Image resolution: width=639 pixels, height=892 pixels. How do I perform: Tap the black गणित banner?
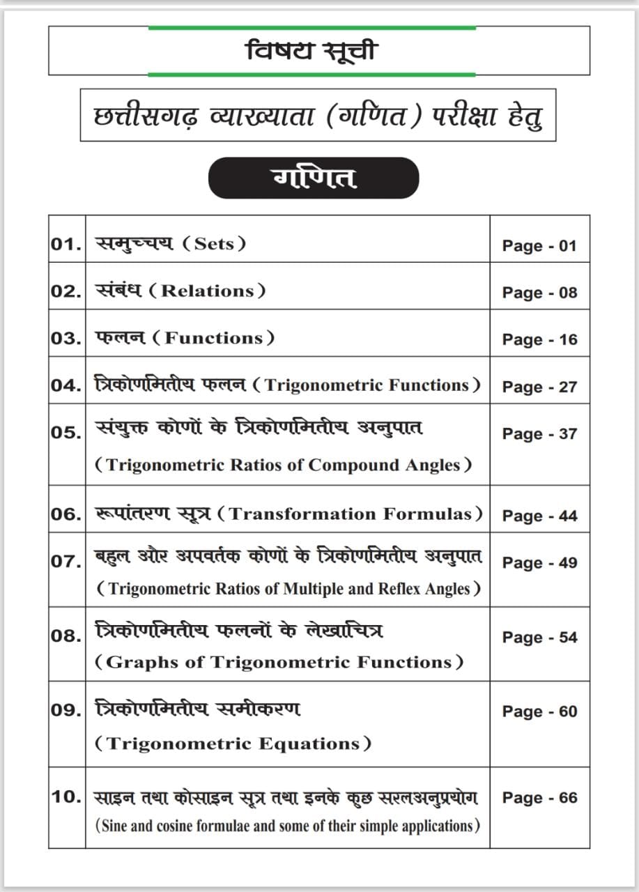point(314,178)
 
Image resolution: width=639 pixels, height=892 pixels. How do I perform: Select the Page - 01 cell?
point(539,246)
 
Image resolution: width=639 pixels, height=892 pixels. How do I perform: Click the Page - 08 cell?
point(539,293)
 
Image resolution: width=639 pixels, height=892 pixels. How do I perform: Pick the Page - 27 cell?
point(539,387)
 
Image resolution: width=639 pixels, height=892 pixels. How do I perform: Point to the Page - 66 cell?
point(539,798)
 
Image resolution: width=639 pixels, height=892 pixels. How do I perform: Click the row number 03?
point(66,339)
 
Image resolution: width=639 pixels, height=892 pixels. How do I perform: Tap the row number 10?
point(66,797)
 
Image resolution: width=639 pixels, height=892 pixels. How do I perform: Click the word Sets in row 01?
point(215,244)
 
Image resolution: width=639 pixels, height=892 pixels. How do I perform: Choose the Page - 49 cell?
point(539,563)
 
